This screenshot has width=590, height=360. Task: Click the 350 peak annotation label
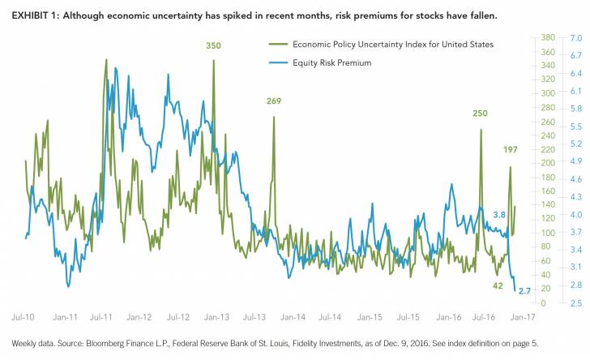pyautogui.click(x=213, y=45)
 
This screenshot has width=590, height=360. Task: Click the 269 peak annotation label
pyautogui.click(x=274, y=101)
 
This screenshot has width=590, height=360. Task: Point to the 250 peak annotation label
pyautogui.click(x=481, y=114)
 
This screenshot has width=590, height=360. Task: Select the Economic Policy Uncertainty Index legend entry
pyautogui.click(x=377, y=45)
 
